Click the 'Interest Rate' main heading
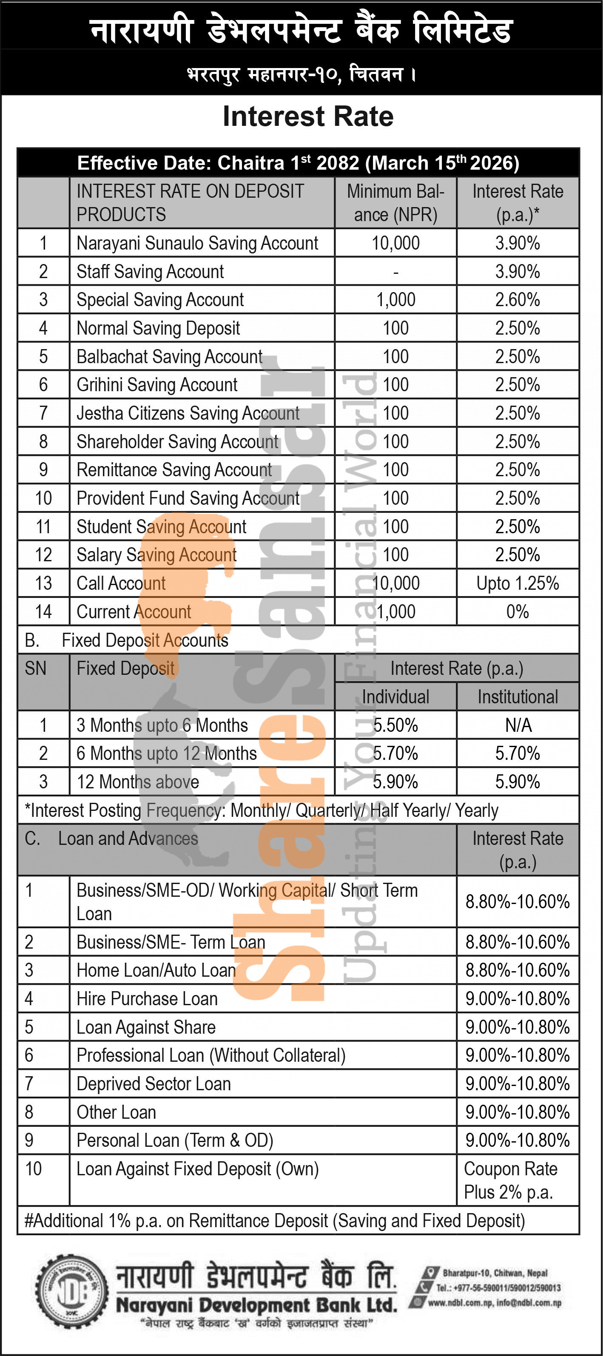coord(308,117)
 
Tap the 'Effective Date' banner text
coord(298,163)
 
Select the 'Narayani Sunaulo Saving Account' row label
coord(197,243)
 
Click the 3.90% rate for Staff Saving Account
coord(517,272)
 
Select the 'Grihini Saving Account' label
coord(157,385)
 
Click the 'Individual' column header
coord(395,697)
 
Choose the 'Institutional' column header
coord(517,697)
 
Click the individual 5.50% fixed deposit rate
coord(395,725)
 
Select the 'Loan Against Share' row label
coord(146,1027)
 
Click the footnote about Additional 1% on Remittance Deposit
coord(274,1221)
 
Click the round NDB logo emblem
coord(71,1291)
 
